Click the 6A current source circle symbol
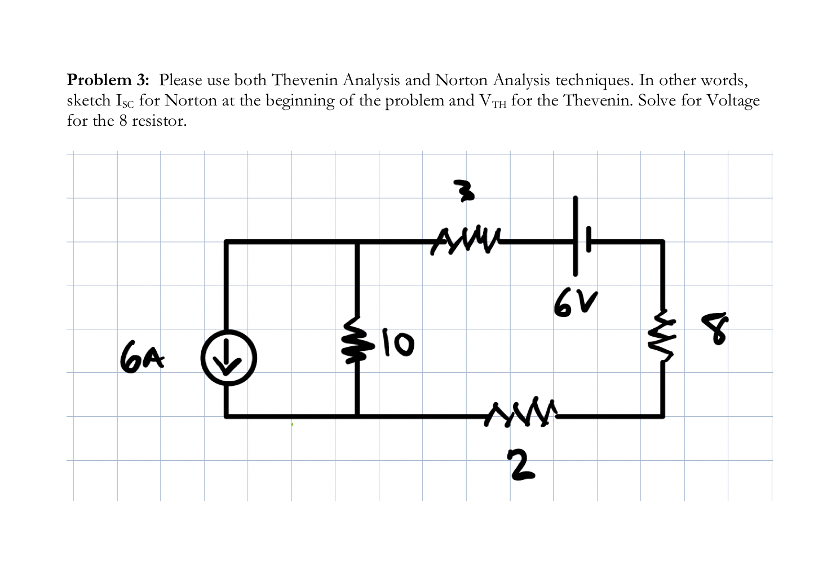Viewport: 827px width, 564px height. pyautogui.click(x=229, y=358)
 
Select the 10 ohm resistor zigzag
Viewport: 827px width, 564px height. pyautogui.click(x=355, y=340)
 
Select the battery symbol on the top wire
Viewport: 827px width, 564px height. pyautogui.click(x=581, y=237)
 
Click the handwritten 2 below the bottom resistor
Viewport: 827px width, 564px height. pyautogui.click(x=520, y=465)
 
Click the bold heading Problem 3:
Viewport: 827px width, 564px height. pyautogui.click(x=108, y=80)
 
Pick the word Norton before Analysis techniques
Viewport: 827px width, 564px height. pyautogui.click(x=462, y=80)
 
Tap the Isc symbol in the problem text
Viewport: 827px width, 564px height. pyautogui.click(x=125, y=101)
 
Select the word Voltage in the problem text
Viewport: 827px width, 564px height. pyautogui.click(x=733, y=101)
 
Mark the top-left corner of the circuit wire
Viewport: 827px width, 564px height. pyautogui.click(x=226, y=242)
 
